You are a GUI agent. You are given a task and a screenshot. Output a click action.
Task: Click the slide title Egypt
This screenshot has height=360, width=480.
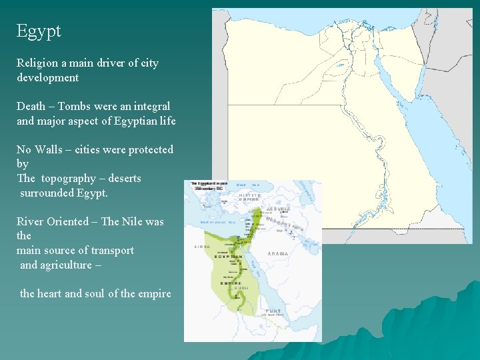point(39,31)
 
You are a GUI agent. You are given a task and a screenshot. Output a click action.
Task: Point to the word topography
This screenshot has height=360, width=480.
point(70,179)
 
